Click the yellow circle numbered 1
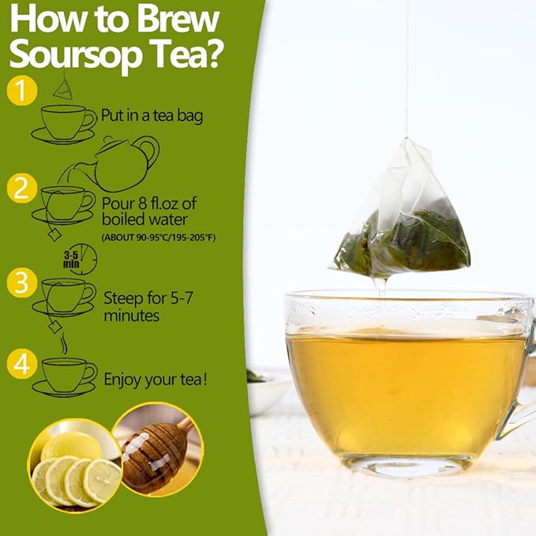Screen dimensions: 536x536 pos(21,91)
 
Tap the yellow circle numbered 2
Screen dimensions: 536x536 pos(21,189)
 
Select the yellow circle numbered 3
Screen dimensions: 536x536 pos(21,282)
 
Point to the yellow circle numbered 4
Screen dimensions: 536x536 pos(21,364)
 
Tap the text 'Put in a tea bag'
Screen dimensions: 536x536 pos(152,116)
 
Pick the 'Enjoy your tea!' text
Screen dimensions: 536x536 pos(156,380)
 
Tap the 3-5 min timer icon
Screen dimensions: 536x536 pos(81,258)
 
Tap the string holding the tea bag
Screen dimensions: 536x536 pos(407,71)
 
